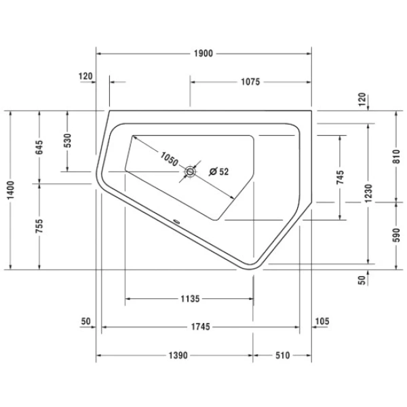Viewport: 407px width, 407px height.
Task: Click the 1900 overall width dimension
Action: pyautogui.click(x=203, y=54)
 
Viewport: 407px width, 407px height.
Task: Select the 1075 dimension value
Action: pyautogui.click(x=250, y=82)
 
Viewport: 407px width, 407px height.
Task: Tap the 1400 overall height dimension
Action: pyautogui.click(x=11, y=190)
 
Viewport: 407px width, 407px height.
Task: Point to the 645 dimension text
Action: pyautogui.click(x=39, y=147)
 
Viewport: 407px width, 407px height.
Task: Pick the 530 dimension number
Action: pyautogui.click(x=67, y=140)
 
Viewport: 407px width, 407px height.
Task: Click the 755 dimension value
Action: pyautogui.click(x=39, y=226)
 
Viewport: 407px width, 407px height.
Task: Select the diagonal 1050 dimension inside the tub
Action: pyautogui.click(x=169, y=159)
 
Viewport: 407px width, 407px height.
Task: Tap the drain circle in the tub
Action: pyautogui.click(x=190, y=172)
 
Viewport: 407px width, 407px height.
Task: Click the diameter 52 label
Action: pyautogui.click(x=219, y=172)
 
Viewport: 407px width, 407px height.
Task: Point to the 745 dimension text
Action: pyautogui.click(x=340, y=177)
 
